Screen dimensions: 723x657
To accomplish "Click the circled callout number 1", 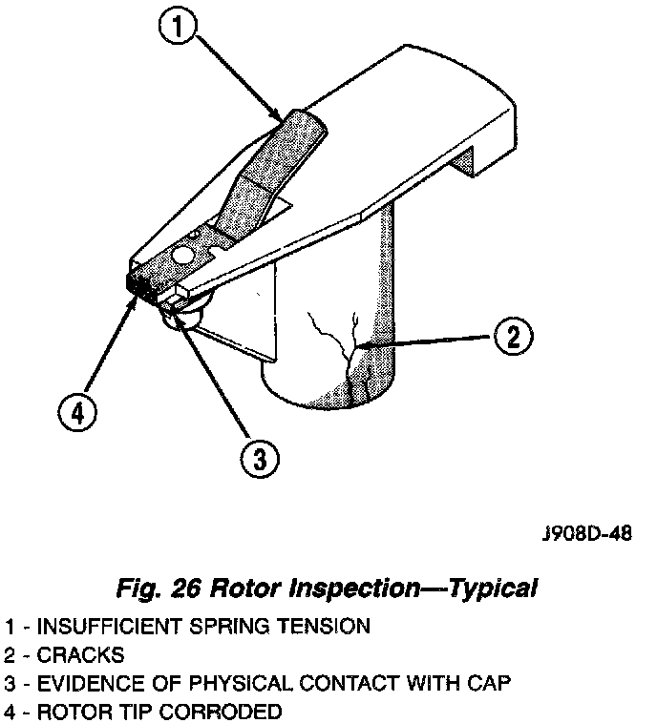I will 180,25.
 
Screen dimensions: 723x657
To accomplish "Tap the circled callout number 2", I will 513,336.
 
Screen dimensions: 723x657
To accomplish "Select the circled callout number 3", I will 259,461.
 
